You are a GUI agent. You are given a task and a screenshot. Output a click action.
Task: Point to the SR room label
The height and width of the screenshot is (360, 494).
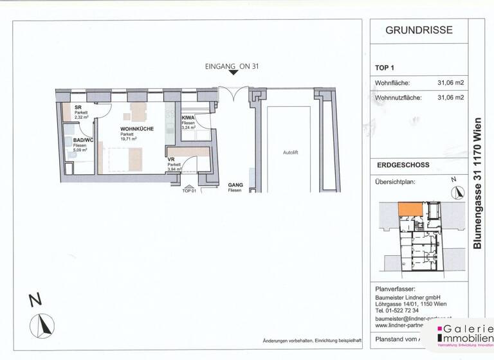(77, 107)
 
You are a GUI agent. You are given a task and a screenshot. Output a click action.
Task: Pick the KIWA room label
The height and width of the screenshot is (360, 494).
(188, 118)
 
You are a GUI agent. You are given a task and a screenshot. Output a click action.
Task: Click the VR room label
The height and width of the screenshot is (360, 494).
(172, 159)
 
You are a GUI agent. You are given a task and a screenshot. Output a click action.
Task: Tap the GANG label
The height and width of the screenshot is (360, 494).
(235, 185)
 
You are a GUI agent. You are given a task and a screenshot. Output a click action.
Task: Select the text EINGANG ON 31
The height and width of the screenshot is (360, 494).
(232, 66)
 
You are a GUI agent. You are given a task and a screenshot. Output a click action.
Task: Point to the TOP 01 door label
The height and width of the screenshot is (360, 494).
(188, 191)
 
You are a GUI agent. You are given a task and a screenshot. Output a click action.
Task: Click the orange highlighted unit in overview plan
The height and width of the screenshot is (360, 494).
(410, 209)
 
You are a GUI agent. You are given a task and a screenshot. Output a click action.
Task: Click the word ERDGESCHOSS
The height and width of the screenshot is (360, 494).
(403, 166)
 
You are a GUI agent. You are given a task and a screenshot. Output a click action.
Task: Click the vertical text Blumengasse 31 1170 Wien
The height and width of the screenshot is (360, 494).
(477, 183)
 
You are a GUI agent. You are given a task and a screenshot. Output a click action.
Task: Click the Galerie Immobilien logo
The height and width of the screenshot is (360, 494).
(465, 334)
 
